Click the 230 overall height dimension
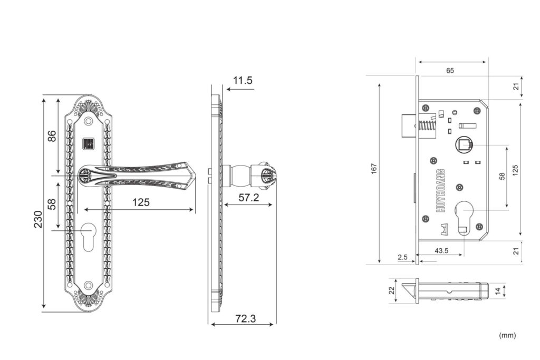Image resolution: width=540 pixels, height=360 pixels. (x=38, y=219)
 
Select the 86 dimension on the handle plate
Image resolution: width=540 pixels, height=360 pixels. (x=52, y=135)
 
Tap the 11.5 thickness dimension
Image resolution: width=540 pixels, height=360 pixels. (x=243, y=81)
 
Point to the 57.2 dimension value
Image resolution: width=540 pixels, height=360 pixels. (x=249, y=198)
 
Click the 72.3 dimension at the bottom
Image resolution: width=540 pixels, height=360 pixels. (x=246, y=319)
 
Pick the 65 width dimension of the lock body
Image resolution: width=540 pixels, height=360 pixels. (x=450, y=71)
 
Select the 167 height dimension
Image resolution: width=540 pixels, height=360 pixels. (x=374, y=169)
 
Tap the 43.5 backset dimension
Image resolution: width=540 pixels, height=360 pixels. (x=441, y=250)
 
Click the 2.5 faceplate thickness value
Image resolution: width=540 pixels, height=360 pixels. (x=402, y=257)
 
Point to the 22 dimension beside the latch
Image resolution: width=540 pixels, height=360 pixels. (x=392, y=291)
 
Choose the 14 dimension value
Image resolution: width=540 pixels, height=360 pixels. (x=498, y=291)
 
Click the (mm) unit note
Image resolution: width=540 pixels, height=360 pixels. (x=507, y=335)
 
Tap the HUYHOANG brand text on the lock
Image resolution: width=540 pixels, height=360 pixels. (x=440, y=190)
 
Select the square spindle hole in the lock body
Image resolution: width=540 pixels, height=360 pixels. (x=464, y=145)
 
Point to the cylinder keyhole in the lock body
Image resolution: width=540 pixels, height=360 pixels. (x=464, y=217)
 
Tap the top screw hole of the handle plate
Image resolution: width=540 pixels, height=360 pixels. (x=89, y=121)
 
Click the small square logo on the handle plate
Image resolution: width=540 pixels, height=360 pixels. (x=89, y=143)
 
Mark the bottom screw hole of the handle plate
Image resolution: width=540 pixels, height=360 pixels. (x=89, y=285)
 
